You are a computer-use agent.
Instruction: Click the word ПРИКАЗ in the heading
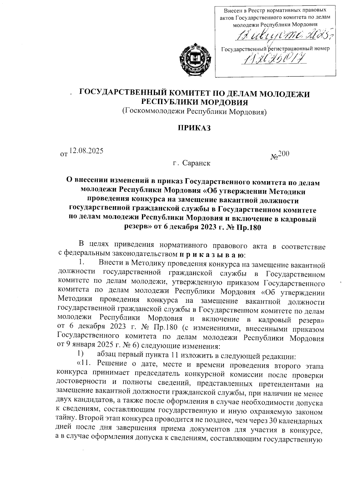coord(194,128)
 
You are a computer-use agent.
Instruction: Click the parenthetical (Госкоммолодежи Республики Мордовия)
coord(194,111)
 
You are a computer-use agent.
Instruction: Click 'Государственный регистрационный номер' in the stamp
coord(275,48)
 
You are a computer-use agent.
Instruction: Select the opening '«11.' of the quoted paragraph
coord(86,364)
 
